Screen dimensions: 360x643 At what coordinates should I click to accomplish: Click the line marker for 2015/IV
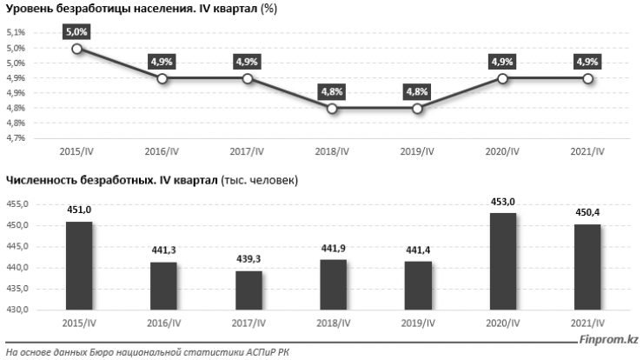click(76, 49)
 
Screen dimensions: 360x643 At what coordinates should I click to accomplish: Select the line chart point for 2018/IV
click(332, 109)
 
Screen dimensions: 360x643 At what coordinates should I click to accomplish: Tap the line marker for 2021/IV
click(588, 78)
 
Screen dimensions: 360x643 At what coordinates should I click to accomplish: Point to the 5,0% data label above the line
click(76, 31)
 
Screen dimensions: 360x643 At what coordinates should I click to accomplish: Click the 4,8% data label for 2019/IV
click(417, 91)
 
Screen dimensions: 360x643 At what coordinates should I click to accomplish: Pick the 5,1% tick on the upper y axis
click(17, 33)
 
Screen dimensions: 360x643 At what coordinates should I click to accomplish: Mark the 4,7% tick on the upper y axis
click(17, 138)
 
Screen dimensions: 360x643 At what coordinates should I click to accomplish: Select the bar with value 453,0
click(503, 261)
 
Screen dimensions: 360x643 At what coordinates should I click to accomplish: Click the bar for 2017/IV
click(248, 290)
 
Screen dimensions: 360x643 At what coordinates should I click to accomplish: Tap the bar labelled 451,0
click(77, 265)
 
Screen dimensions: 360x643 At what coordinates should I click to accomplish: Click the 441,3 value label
click(162, 250)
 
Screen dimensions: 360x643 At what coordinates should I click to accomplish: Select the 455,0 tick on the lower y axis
click(17, 204)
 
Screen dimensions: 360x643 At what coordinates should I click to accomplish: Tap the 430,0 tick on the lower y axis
click(17, 310)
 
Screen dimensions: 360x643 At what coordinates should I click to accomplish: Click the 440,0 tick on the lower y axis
click(17, 268)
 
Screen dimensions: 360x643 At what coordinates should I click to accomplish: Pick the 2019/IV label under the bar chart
click(417, 323)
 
